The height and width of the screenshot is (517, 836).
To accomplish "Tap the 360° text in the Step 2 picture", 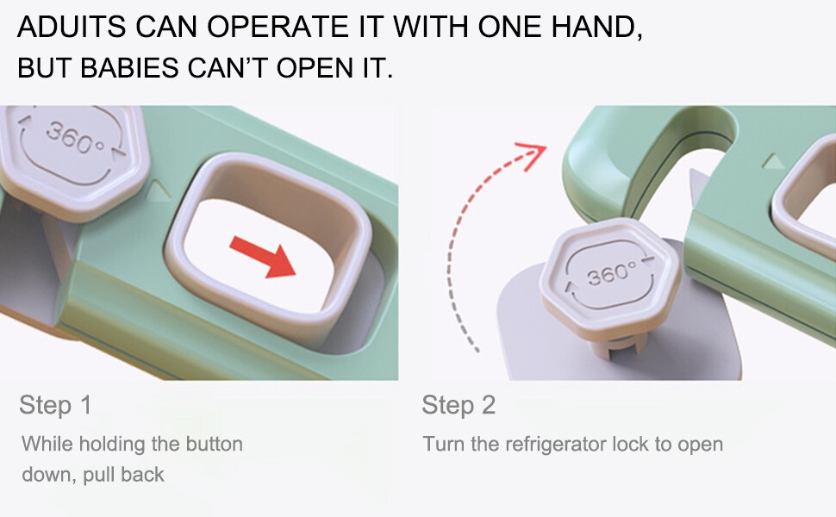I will click(x=612, y=275).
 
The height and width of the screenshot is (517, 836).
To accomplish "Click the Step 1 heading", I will click(x=55, y=405).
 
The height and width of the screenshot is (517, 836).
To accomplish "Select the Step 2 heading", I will click(x=459, y=405).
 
